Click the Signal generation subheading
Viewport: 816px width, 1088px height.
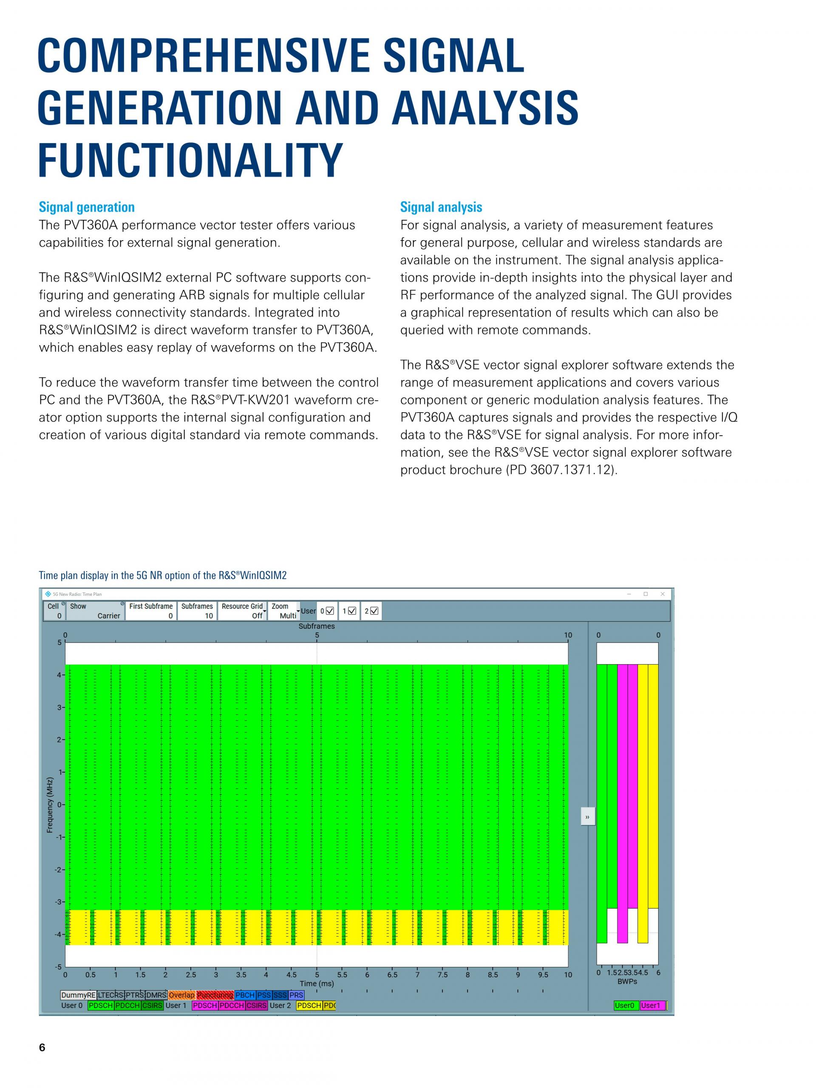[x=87, y=207]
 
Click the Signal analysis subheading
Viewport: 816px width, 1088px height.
[x=441, y=207]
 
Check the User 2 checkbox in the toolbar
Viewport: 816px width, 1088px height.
[x=374, y=611]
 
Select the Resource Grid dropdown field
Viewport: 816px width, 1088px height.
[x=242, y=611]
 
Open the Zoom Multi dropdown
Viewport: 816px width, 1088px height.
[x=284, y=611]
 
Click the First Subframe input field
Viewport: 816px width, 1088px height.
[x=150, y=611]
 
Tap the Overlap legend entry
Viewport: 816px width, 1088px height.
[x=181, y=995]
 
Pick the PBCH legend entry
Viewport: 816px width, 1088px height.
[x=245, y=995]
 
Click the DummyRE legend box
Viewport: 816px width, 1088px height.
[x=78, y=995]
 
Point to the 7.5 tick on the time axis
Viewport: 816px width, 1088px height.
[x=443, y=975]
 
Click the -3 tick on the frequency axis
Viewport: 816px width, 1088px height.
[x=59, y=901]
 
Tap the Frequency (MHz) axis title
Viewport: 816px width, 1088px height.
[x=50, y=805]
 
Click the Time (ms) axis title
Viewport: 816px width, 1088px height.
[x=317, y=983]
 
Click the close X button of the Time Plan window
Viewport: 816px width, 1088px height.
[x=663, y=594]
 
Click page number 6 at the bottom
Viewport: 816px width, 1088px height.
[x=42, y=1048]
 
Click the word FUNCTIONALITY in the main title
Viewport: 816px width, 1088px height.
[x=190, y=160]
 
